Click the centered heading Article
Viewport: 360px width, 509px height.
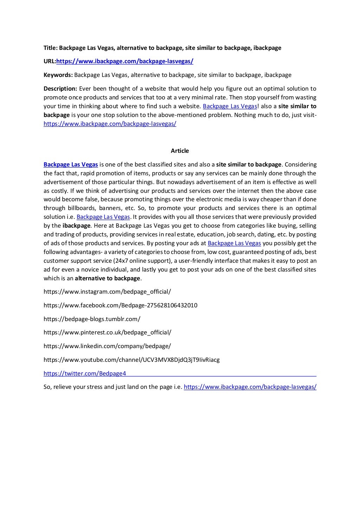(x=180, y=151)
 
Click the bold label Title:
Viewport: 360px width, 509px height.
(x=50, y=48)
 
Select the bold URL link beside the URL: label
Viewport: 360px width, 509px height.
(x=125, y=61)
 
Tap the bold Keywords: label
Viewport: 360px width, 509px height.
(x=58, y=75)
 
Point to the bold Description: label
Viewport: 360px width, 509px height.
(x=60, y=89)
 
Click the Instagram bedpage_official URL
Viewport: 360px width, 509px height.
(x=107, y=292)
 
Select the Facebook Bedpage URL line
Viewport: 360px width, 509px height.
(x=120, y=305)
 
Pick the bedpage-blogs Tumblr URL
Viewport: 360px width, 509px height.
(x=92, y=319)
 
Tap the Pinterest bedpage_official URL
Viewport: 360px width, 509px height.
(x=107, y=332)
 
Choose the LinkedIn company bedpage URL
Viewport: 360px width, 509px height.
(x=107, y=346)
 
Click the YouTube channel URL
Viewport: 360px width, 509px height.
(x=131, y=360)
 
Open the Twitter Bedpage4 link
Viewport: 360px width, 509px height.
(x=85, y=373)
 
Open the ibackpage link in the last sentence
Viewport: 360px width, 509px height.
(x=250, y=387)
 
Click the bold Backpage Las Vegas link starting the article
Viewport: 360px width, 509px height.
(x=71, y=164)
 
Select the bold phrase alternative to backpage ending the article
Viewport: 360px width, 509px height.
(x=108, y=278)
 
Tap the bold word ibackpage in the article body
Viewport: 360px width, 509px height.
(x=77, y=226)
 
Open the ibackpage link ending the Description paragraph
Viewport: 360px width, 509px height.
(x=110, y=124)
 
